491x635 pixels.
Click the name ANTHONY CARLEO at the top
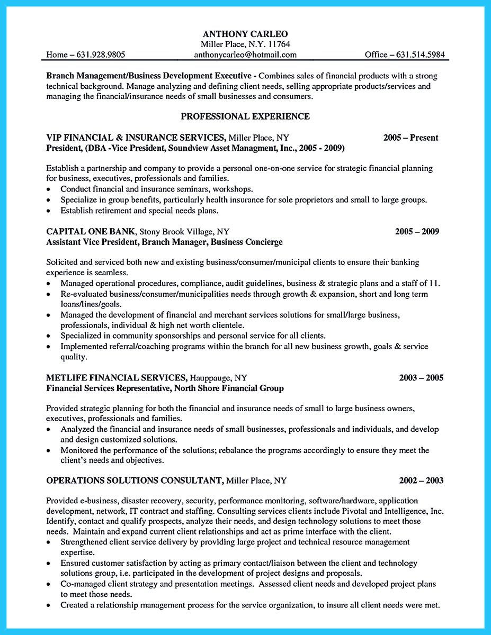point(245,33)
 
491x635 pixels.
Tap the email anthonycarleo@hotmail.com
point(245,55)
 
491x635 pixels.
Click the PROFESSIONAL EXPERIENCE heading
point(245,116)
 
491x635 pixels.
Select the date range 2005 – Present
point(410,138)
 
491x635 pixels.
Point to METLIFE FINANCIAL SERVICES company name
point(116,378)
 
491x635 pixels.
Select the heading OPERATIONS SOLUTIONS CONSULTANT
point(134,480)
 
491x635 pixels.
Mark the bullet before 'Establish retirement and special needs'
point(49,211)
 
